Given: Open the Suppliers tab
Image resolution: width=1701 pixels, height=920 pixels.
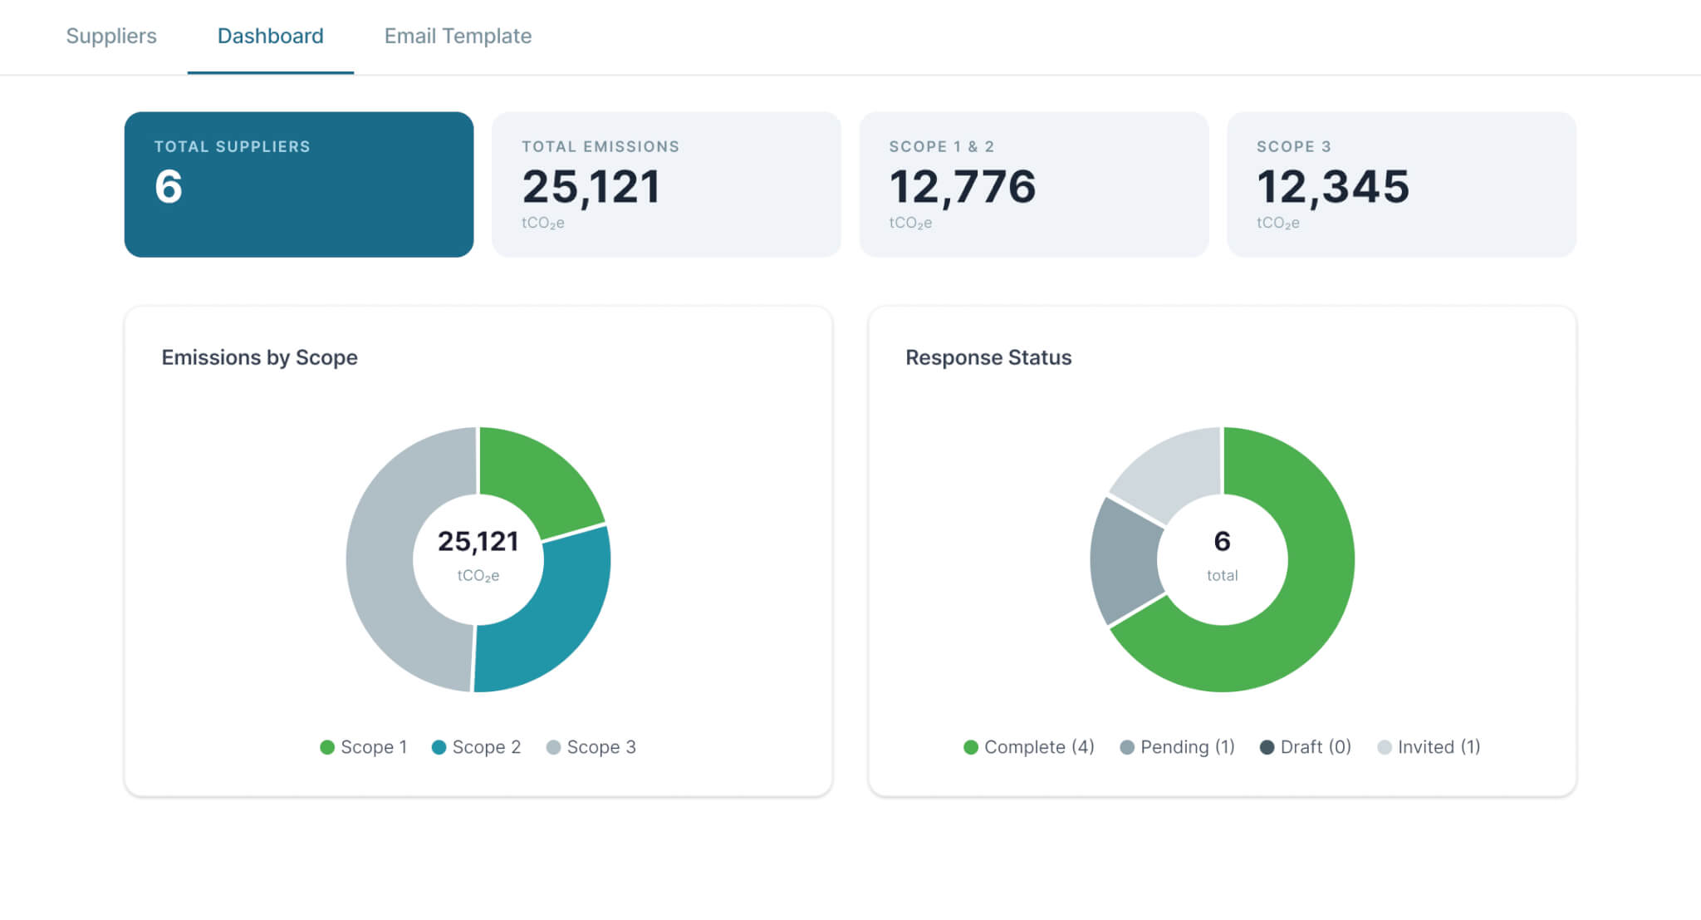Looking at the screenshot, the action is [111, 36].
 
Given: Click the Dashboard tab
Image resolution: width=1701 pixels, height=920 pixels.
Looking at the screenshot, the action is [271, 36].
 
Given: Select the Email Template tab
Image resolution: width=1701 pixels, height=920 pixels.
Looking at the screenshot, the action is [458, 36].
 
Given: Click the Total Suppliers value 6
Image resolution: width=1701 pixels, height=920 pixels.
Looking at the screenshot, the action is [169, 186].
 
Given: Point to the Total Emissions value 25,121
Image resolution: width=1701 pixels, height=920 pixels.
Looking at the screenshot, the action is [591, 187].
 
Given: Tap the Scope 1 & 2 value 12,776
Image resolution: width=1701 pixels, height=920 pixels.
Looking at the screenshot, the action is [963, 187].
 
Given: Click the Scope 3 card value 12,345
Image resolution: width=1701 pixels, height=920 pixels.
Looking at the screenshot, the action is [1333, 187].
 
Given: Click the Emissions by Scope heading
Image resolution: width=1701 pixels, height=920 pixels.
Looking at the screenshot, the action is [259, 357].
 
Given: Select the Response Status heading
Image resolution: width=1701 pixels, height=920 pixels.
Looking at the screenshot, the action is [988, 357].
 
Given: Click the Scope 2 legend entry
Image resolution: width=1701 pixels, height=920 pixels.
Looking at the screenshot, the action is [477, 747].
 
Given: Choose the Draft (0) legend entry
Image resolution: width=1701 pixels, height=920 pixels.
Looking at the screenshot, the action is [1306, 747].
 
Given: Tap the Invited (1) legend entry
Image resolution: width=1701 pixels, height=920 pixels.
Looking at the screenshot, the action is [1429, 747].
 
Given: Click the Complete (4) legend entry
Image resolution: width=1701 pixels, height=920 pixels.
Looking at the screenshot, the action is [1029, 747].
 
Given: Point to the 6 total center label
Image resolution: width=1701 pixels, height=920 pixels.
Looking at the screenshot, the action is [1222, 555].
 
